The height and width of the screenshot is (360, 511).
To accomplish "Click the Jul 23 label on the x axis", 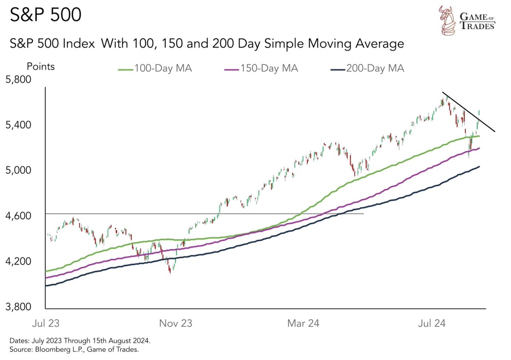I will point(45,323).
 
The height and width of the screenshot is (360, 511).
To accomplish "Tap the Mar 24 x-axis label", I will point(303,323).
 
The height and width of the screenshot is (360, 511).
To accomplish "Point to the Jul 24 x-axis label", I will point(431,323).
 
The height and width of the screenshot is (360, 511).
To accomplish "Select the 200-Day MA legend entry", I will point(367,68).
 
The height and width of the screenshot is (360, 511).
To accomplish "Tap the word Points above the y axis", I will point(41,66).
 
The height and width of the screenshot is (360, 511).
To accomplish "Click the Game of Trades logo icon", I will point(448,20).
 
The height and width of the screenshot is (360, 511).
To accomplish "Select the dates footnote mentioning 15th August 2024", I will point(79,342).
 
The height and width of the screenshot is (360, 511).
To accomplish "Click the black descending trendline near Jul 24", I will point(468,112).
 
